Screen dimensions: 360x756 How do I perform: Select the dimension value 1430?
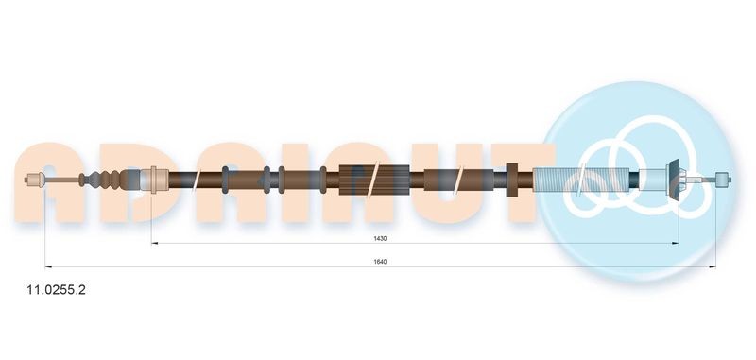pos(380,238)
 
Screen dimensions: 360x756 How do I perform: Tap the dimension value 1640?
pos(380,261)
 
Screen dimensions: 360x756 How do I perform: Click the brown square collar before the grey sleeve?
pos(514,178)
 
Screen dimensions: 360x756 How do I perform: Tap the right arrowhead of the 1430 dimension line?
pos(676,244)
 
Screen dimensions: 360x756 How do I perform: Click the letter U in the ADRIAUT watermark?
pos(439,184)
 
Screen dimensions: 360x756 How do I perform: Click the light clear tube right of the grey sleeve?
pos(652,178)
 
